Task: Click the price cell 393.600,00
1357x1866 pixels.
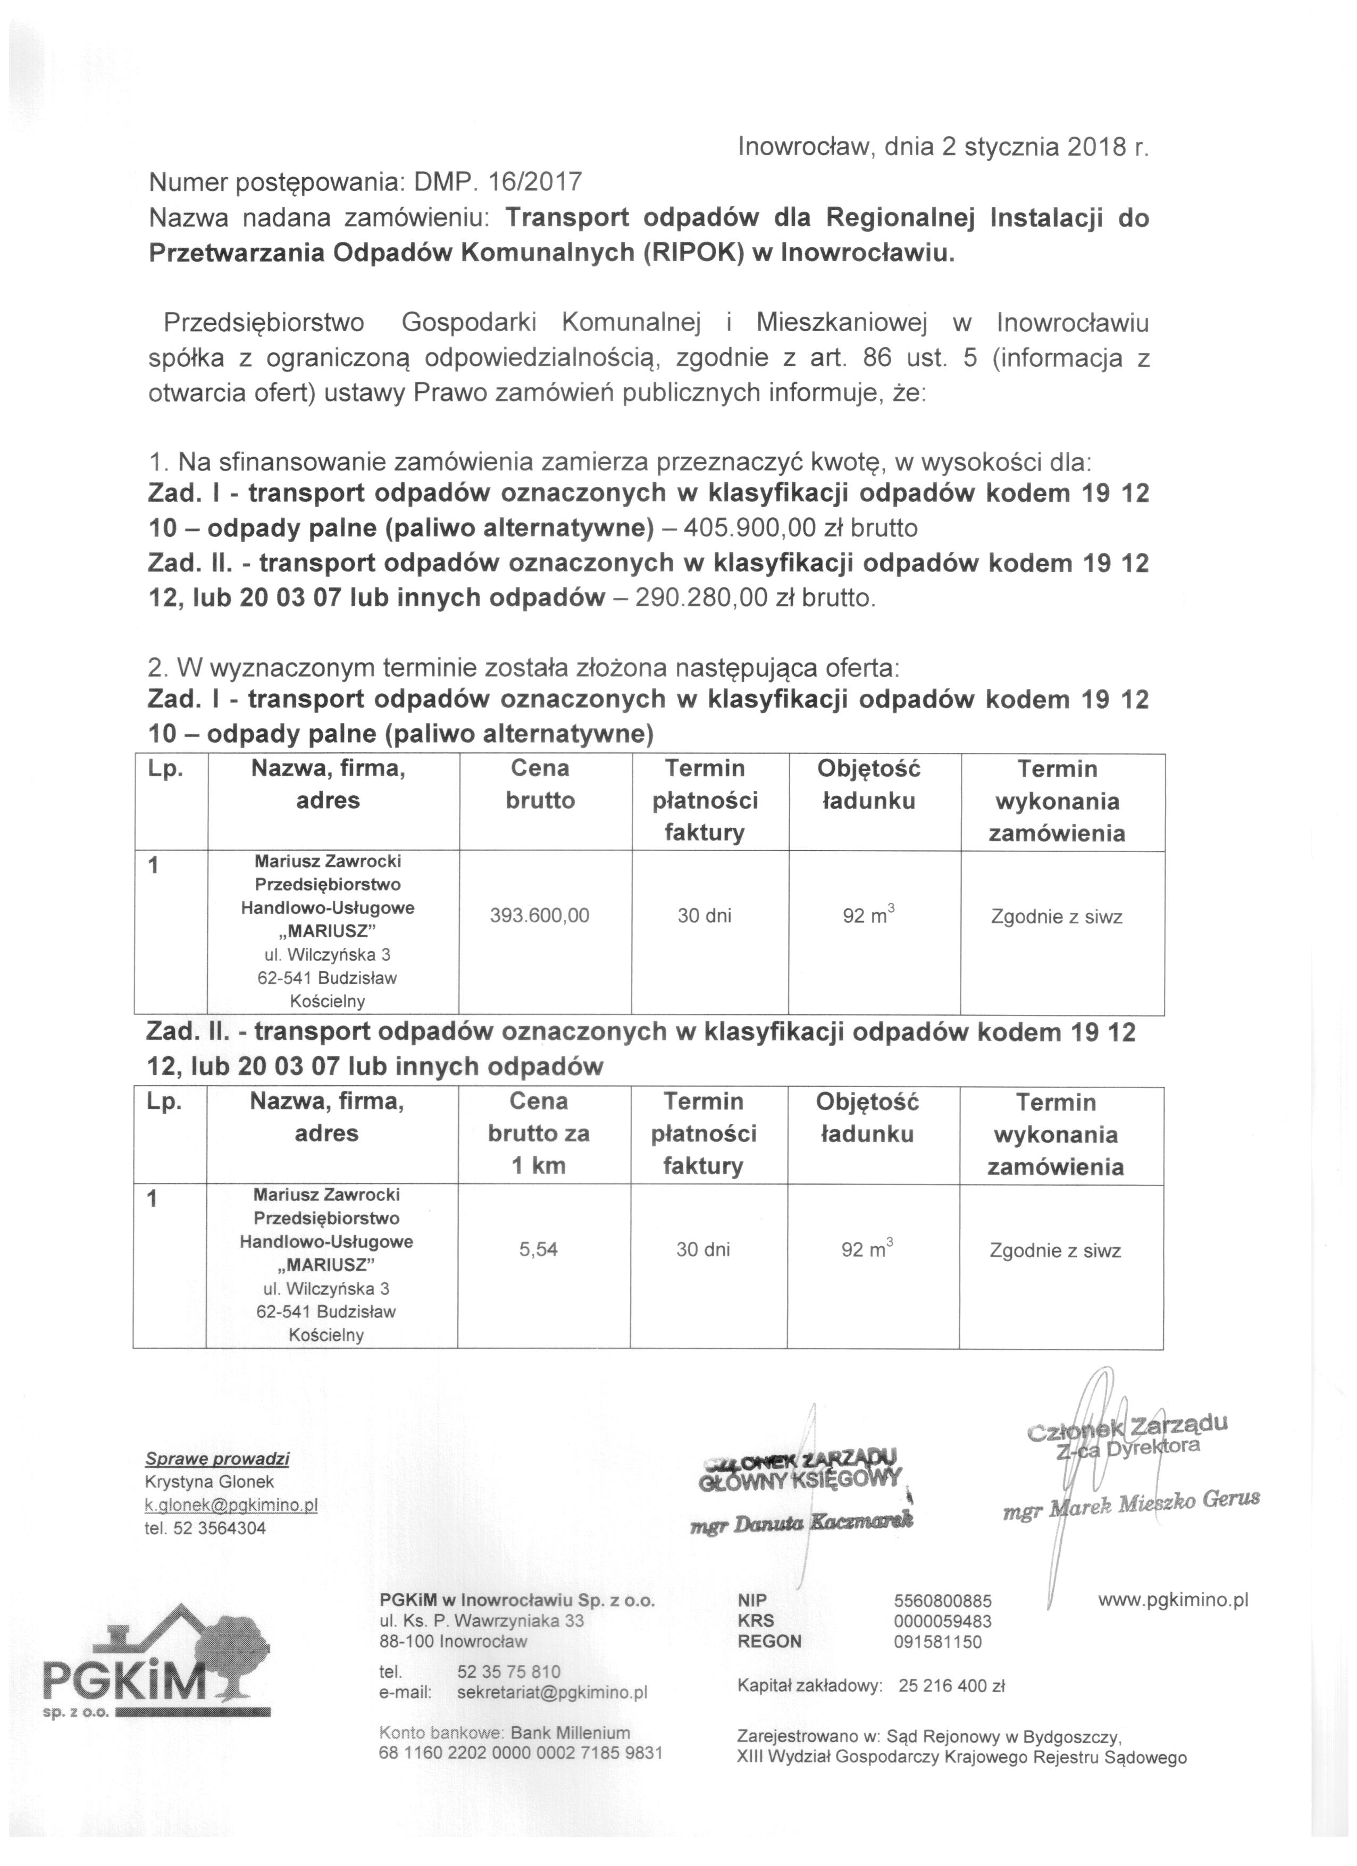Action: pyautogui.click(x=540, y=915)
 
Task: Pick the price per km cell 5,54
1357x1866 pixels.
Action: pyautogui.click(x=538, y=1249)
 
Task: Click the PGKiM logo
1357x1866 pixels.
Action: pyautogui.click(x=156, y=1663)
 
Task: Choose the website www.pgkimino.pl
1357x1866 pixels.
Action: pyautogui.click(x=1172, y=1600)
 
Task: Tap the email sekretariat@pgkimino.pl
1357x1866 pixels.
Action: pyautogui.click(x=552, y=1692)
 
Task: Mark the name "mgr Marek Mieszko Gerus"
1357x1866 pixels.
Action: pyautogui.click(x=1132, y=1502)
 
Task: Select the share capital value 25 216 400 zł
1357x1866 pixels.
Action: pyautogui.click(x=952, y=1686)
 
